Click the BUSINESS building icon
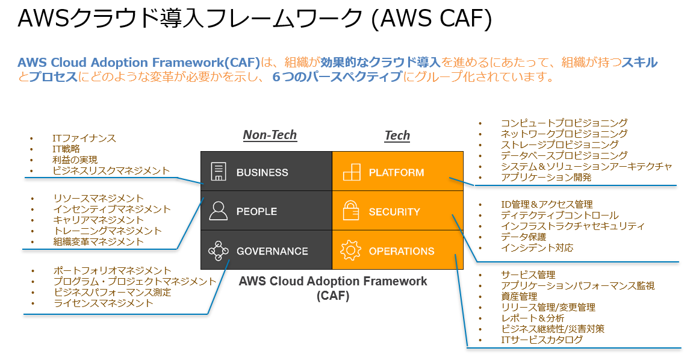tap(218, 172)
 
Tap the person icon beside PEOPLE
tap(218, 211)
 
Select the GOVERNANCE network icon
tap(218, 251)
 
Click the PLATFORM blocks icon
tap(351, 172)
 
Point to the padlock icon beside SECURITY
tap(351, 211)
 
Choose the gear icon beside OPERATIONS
tap(350, 251)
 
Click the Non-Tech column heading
tap(270, 135)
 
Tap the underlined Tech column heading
tap(397, 135)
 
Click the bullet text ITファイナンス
tap(84, 138)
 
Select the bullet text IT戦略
tap(66, 149)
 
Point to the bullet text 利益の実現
tap(75, 160)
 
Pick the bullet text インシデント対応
tap(537, 248)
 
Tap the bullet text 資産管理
tap(519, 296)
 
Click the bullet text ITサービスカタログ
tap(542, 340)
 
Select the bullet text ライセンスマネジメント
tap(103, 303)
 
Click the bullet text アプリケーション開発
tap(546, 178)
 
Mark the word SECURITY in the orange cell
tap(394, 212)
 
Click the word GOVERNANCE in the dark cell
tap(272, 252)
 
